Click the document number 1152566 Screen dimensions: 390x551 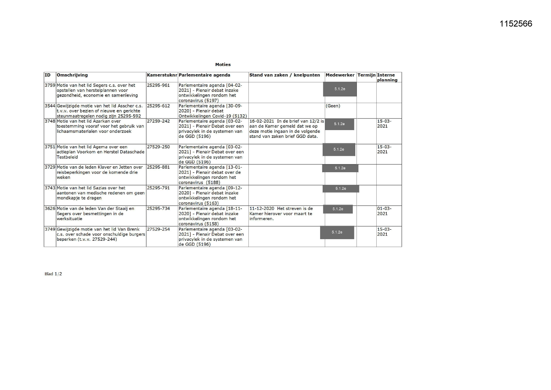pos(516,24)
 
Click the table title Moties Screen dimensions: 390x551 pos(223,64)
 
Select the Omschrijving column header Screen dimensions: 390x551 pos(72,75)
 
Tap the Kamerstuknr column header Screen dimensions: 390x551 pos(162,75)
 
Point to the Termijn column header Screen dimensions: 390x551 pos(366,75)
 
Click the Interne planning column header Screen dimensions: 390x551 pos(387,77)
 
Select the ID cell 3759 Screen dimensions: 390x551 pos(50,85)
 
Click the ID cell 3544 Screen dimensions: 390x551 pos(50,106)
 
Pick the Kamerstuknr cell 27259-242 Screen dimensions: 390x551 pos(158,121)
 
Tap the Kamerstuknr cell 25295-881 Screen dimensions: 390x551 pos(158,167)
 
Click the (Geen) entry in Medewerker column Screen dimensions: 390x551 pos(333,106)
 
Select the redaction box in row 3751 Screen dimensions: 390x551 pos(339,150)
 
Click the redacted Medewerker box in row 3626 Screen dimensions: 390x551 pos(338,209)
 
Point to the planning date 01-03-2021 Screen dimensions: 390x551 pos(384,211)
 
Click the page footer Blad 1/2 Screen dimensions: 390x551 pos(53,274)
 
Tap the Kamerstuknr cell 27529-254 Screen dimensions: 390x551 pos(158,229)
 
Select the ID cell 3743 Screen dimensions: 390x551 pos(50,188)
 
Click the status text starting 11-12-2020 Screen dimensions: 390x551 pos(281,214)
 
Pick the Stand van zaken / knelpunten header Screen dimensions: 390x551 pos(284,75)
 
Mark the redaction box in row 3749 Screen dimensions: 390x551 pos(337,233)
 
